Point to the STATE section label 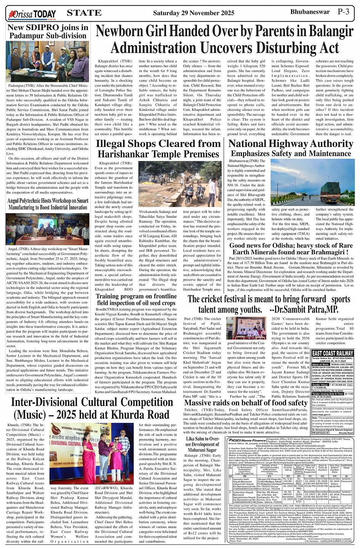pos(84,13)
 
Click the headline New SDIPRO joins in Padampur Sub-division pos(48,31)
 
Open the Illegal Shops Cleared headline pos(158,148)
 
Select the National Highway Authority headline pos(291,144)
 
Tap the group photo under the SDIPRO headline pos(48,62)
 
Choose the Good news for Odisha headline pos(290,249)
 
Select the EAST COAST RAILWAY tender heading pos(332,353)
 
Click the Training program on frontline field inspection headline pos(136,299)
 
